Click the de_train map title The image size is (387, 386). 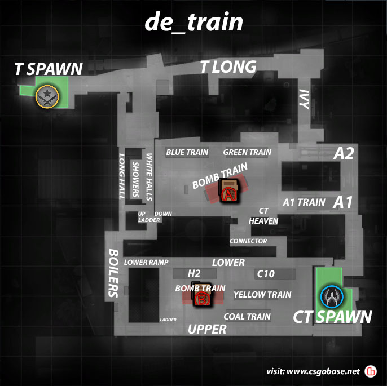pyautogui.click(x=194, y=23)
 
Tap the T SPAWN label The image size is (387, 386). pyautogui.click(x=49, y=69)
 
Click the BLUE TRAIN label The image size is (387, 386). pyautogui.click(x=187, y=152)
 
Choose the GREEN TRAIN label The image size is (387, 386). pyautogui.click(x=247, y=152)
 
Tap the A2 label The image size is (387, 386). pyautogui.click(x=344, y=153)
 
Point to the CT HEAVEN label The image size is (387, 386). pyautogui.click(x=263, y=216)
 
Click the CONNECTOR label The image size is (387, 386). pyautogui.click(x=248, y=241)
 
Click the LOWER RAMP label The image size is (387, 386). pyautogui.click(x=146, y=263)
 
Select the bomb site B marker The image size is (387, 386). pyautogui.click(x=201, y=299)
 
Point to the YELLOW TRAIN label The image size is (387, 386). pyautogui.click(x=262, y=295)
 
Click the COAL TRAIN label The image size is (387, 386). pyautogui.click(x=247, y=317)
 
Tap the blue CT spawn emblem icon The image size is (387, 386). pyautogui.click(x=330, y=296)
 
